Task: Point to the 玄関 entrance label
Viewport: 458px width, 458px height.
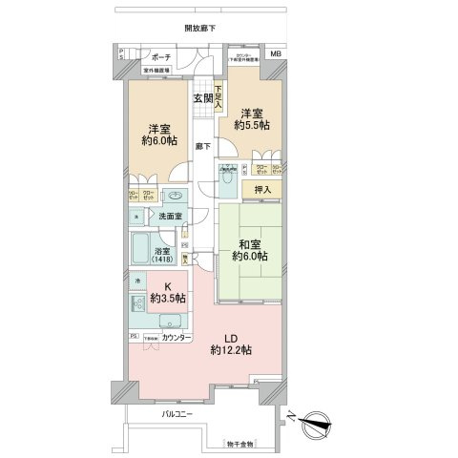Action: point(202,97)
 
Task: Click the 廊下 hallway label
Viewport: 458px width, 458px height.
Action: point(202,146)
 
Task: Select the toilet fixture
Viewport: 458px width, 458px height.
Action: point(227,177)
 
